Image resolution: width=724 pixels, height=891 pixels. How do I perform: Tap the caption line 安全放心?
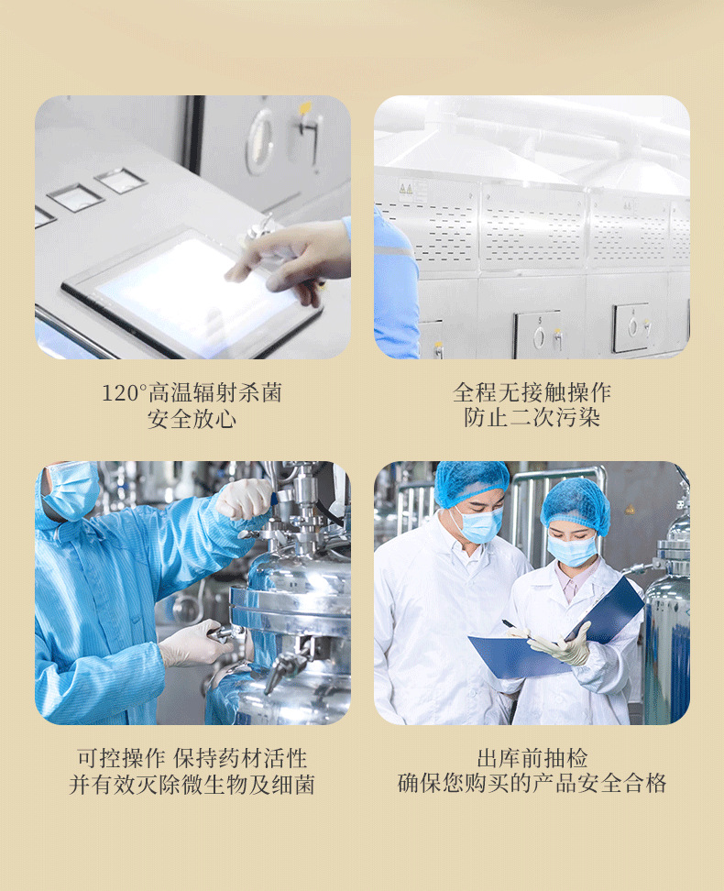[x=192, y=419]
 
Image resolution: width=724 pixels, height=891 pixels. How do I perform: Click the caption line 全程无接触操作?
[x=532, y=392]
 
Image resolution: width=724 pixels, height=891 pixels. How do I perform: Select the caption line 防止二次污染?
[x=532, y=417]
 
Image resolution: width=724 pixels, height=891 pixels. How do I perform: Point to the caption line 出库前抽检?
[x=532, y=758]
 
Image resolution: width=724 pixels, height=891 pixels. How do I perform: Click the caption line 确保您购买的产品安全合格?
[x=532, y=783]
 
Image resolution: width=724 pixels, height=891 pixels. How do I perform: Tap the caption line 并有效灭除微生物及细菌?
[x=192, y=784]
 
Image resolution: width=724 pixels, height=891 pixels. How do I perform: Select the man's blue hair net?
[x=472, y=482]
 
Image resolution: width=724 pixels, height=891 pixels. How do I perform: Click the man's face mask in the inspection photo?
[x=479, y=525]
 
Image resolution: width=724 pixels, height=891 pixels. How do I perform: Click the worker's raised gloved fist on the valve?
[x=245, y=499]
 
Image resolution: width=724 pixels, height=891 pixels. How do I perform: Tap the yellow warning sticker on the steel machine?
[x=406, y=188]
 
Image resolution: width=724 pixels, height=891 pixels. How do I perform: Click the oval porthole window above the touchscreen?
[x=260, y=141]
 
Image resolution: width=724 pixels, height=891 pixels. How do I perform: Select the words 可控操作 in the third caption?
[x=121, y=759]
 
